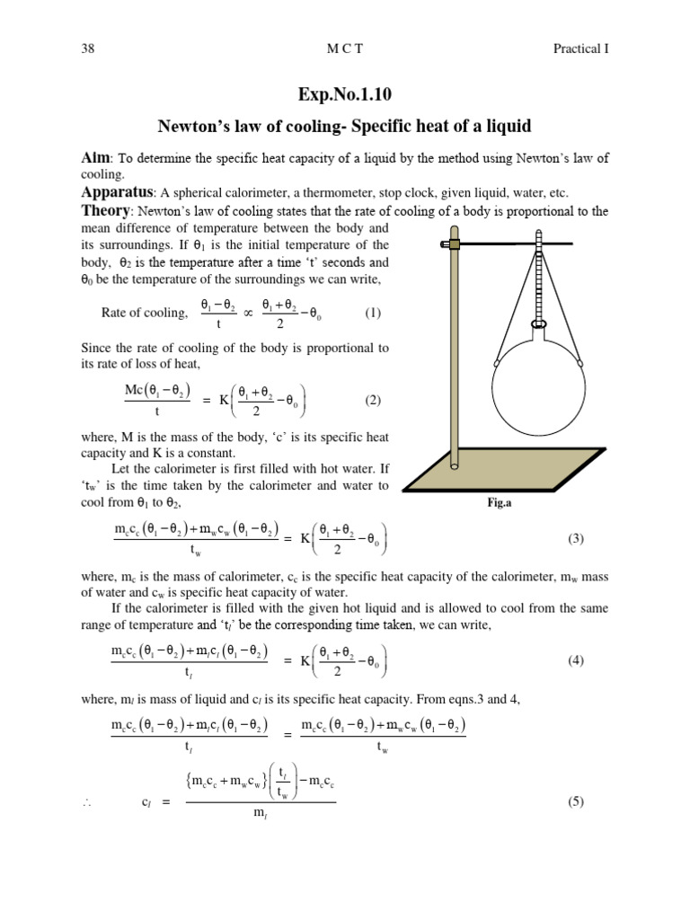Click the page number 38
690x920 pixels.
click(87, 49)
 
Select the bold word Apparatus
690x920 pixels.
click(116, 192)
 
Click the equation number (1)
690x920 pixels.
click(373, 313)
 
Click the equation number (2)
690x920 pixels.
click(373, 401)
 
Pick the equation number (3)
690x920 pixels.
click(576, 539)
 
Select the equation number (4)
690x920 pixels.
click(576, 660)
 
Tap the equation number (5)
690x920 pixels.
click(576, 802)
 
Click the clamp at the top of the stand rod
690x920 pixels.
click(456, 243)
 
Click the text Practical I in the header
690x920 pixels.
click(581, 49)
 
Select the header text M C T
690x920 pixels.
click(345, 49)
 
